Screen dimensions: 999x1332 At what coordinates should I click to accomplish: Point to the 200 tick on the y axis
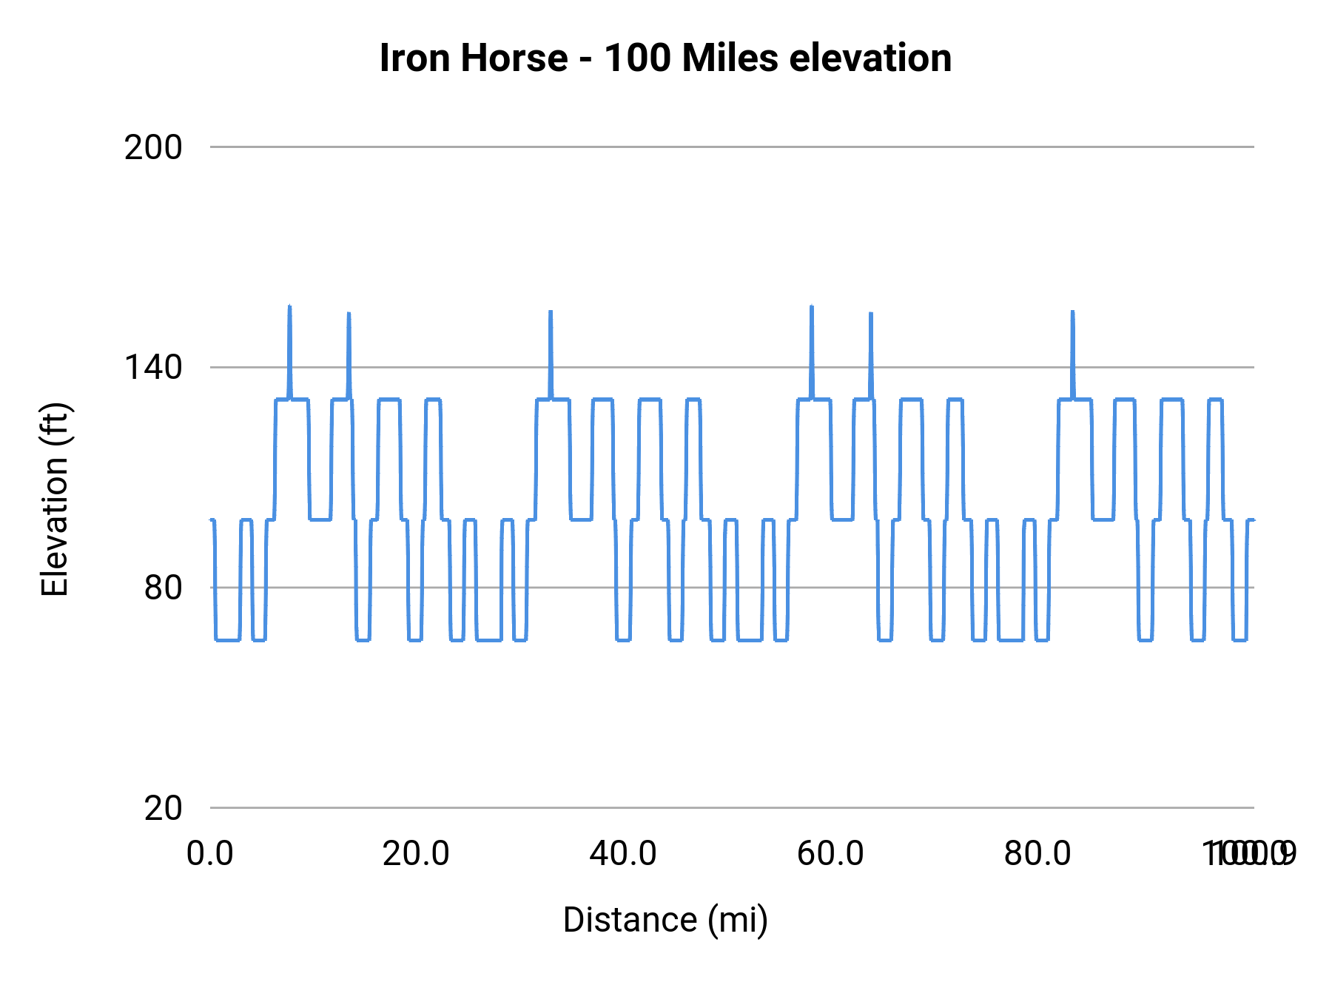point(153,148)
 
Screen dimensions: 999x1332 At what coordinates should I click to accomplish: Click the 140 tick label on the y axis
point(153,367)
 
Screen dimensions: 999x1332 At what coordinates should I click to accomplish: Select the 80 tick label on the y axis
point(163,588)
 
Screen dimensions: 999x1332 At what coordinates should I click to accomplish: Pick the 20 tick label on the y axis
point(163,808)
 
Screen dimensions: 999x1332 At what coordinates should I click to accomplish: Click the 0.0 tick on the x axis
point(210,854)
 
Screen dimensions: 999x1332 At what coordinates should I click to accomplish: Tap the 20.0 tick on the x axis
point(416,854)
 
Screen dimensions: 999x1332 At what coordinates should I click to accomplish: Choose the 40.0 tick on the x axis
point(623,854)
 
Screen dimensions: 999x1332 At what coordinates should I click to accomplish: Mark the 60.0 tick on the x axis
point(830,854)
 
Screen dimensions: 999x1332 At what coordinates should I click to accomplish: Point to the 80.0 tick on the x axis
point(1037,854)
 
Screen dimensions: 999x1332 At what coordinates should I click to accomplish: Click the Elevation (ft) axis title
point(54,499)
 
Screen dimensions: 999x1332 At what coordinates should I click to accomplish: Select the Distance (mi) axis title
point(665,920)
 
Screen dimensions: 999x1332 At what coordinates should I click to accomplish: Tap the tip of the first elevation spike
point(289,306)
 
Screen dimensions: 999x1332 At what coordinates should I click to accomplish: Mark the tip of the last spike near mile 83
point(1072,312)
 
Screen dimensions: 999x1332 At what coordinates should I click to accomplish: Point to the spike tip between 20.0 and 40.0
point(551,312)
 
